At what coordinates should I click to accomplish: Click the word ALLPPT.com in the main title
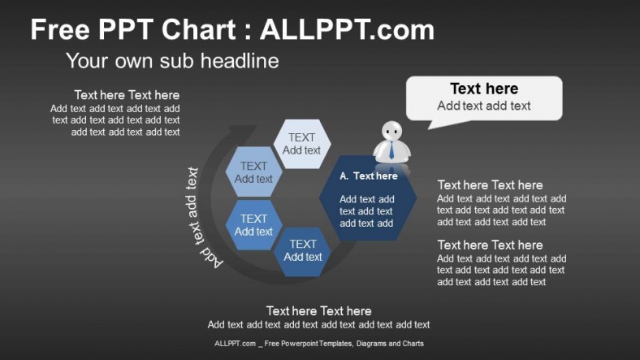tap(347, 31)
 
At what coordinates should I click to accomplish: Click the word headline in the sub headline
tap(241, 61)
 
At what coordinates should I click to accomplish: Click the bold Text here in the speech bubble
tap(484, 89)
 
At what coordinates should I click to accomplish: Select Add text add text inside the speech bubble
tap(484, 106)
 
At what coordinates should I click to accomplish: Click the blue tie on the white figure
tap(391, 150)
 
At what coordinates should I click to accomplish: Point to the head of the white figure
tap(392, 131)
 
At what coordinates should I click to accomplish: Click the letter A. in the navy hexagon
tap(344, 176)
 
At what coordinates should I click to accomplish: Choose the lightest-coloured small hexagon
tap(301, 144)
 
